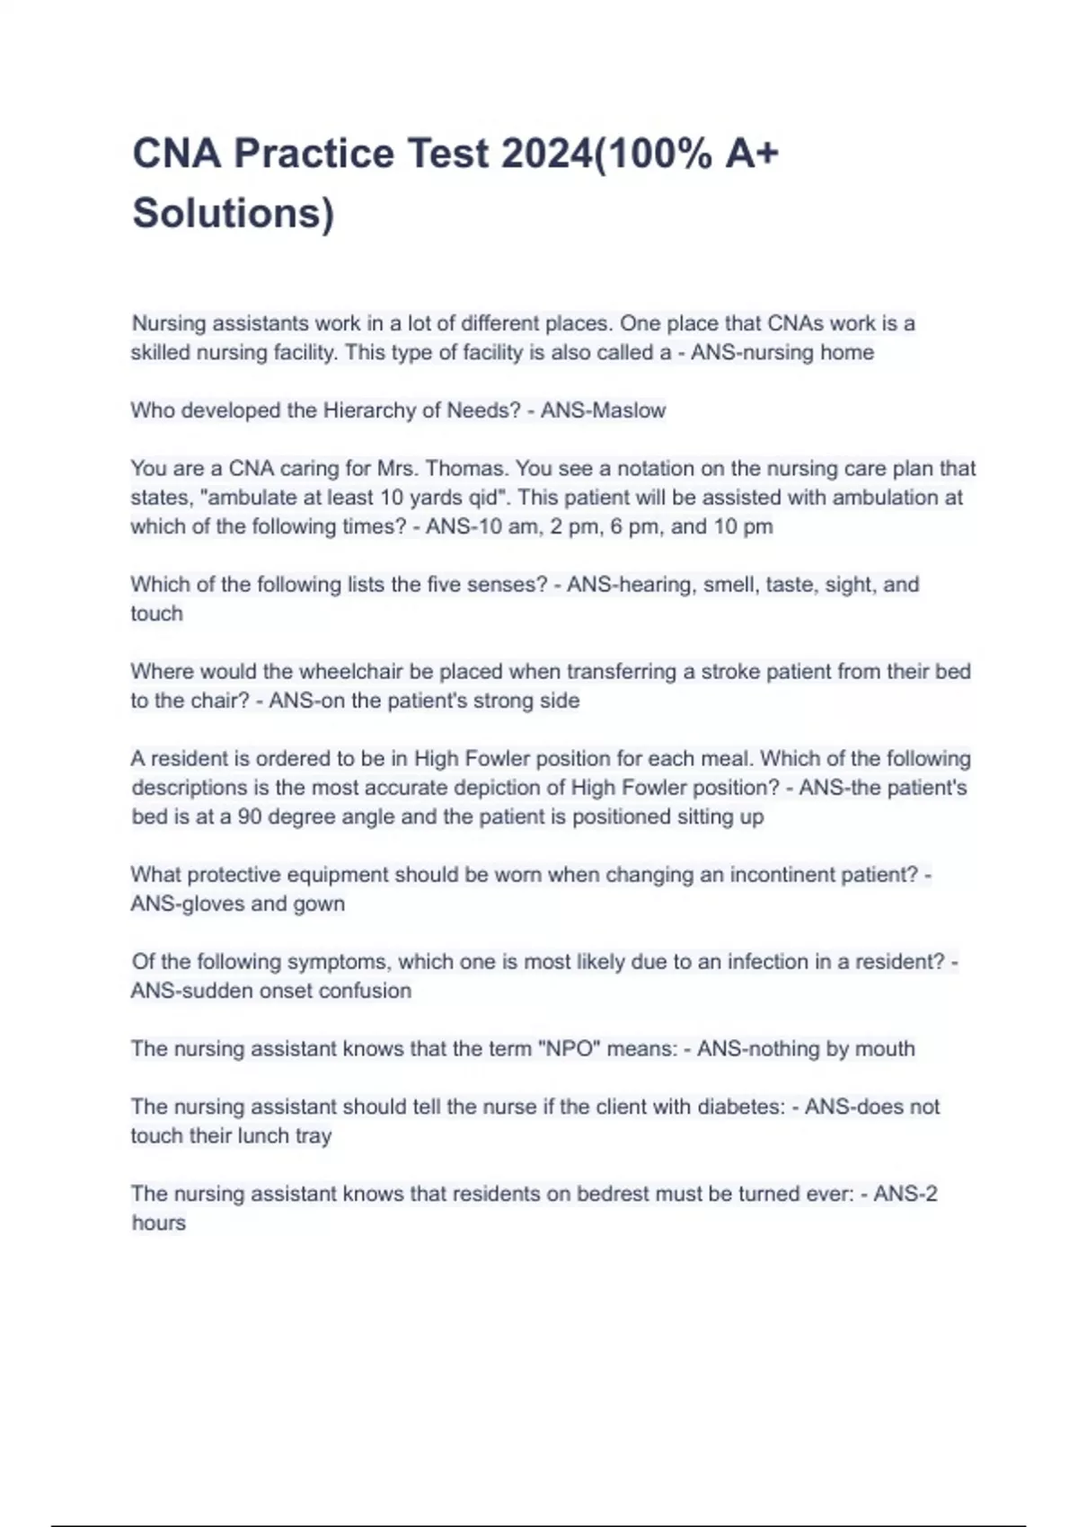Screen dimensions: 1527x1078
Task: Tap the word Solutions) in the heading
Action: (x=233, y=214)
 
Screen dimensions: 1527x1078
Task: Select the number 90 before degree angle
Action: (x=250, y=816)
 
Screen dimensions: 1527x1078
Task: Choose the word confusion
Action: (x=369, y=991)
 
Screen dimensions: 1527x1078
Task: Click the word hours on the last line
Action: (x=158, y=1222)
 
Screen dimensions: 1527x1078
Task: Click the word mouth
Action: (x=884, y=1048)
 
